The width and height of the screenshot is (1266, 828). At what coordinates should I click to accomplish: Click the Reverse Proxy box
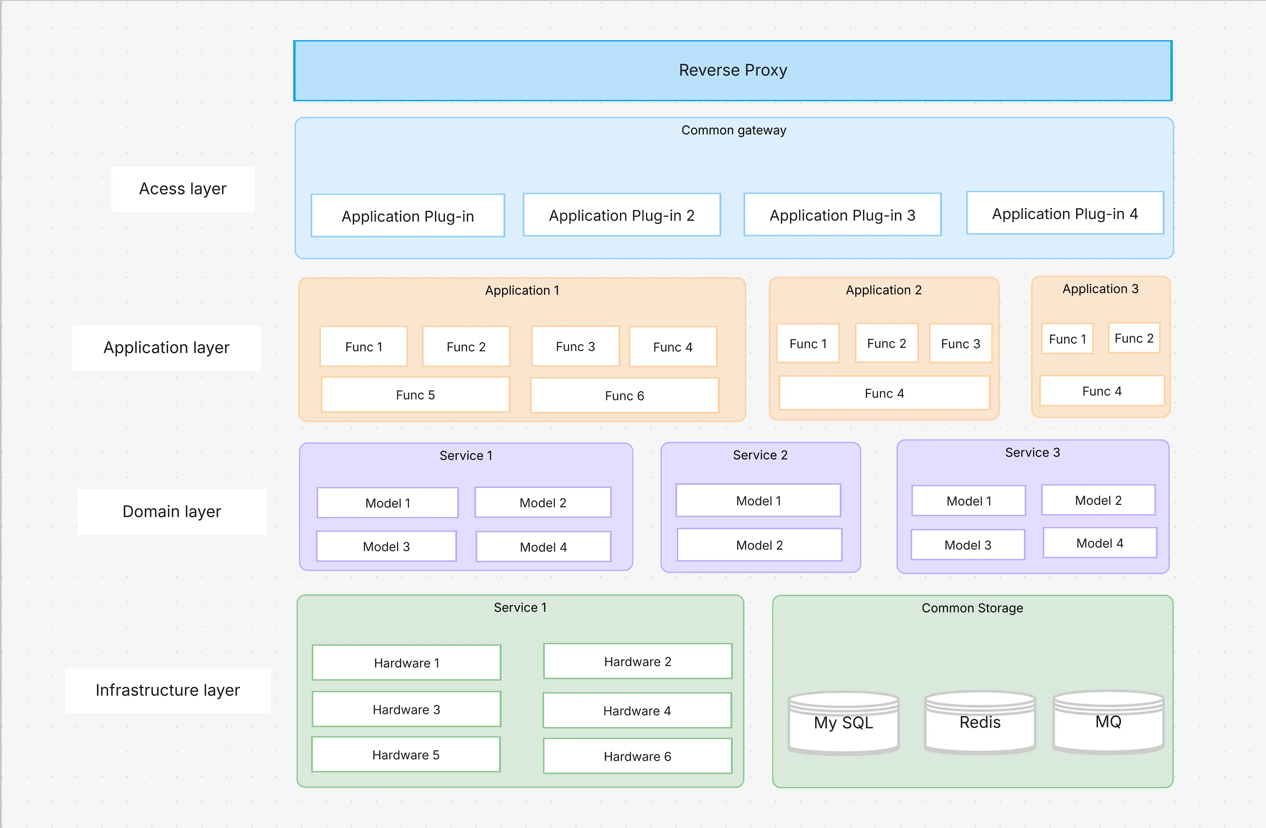point(733,70)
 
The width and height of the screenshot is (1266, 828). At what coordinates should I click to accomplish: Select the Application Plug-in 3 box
point(842,215)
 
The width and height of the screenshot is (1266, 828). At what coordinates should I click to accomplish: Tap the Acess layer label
point(182,189)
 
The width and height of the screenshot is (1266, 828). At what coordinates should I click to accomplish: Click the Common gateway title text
point(734,130)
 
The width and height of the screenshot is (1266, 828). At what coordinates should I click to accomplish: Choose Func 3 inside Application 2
point(960,344)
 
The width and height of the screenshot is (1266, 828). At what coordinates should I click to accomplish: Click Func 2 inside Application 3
point(1134,338)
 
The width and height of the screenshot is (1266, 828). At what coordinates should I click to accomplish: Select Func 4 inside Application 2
point(884,393)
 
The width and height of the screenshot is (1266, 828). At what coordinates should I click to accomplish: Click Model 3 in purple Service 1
point(386,546)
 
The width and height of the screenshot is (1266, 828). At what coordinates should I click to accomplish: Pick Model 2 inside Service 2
point(759,545)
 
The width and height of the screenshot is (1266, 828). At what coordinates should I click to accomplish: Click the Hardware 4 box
point(637,711)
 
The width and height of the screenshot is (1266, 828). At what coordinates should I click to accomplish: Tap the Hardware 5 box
point(405,754)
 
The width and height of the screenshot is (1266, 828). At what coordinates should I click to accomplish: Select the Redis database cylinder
point(980,722)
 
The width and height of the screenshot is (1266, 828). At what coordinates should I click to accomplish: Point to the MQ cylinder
point(1108,722)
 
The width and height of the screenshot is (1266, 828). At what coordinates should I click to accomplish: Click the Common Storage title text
point(972,608)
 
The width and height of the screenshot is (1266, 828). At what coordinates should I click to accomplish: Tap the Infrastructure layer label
point(167,690)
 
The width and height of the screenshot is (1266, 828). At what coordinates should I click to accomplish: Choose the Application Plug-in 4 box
point(1064,213)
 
